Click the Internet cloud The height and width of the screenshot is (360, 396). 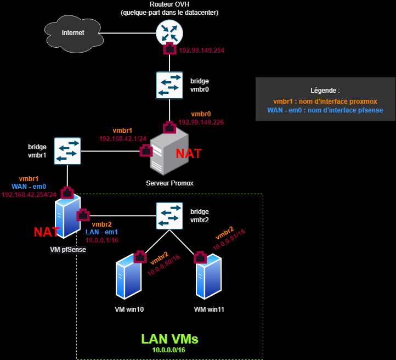[x=73, y=33]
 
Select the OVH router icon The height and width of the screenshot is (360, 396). [x=169, y=32]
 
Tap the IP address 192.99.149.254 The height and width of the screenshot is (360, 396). [x=201, y=50]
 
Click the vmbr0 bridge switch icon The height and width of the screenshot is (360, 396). [x=169, y=85]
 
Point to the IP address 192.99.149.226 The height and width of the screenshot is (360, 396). [x=200, y=122]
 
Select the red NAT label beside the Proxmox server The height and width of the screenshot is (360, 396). [x=188, y=154]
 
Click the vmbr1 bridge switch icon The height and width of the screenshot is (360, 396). [x=67, y=151]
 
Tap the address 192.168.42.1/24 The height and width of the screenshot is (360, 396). [x=122, y=139]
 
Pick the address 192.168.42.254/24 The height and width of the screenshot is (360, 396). [x=29, y=194]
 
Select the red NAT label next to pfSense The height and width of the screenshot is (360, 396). [x=47, y=232]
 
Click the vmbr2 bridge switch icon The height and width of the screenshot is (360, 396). [x=169, y=216]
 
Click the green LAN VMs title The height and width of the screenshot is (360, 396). [x=169, y=339]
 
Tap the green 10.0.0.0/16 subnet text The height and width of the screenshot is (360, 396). [x=169, y=350]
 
